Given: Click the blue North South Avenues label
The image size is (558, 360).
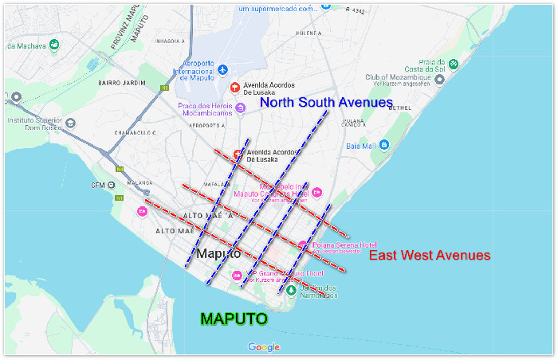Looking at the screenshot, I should (326, 103).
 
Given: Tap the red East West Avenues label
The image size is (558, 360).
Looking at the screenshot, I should (429, 256).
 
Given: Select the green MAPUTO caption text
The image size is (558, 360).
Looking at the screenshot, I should (234, 319).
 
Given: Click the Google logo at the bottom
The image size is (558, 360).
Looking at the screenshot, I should (264, 347).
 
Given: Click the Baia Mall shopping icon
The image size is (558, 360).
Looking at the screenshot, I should (384, 145).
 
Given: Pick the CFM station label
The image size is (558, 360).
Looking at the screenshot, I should (98, 186).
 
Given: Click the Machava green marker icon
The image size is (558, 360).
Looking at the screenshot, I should (54, 45).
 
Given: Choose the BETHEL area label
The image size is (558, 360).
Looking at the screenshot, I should (399, 108).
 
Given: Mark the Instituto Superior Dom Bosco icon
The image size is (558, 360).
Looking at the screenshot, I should (70, 124).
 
